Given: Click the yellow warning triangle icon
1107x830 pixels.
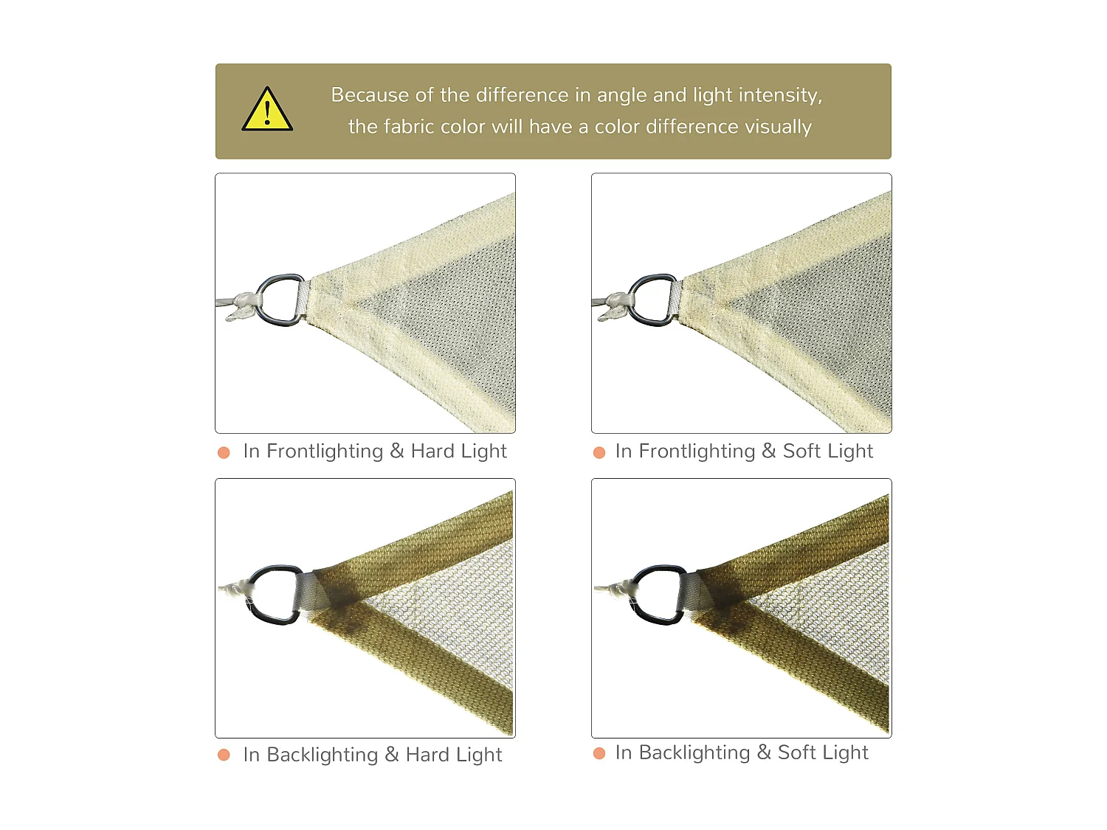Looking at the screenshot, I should (267, 111).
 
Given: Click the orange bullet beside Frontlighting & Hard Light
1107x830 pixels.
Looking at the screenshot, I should (224, 452).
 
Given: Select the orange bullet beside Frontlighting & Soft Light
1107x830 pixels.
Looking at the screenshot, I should (599, 452).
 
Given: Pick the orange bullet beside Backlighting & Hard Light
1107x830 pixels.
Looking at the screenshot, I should (224, 755).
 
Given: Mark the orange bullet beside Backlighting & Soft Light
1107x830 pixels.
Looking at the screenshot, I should (599, 753).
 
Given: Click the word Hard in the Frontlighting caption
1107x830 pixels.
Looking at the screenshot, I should (432, 451).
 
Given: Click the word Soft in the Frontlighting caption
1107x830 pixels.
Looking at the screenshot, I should (801, 451).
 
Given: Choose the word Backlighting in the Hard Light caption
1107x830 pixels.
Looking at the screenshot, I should (322, 755).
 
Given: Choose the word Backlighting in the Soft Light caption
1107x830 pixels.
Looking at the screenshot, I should (694, 753).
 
